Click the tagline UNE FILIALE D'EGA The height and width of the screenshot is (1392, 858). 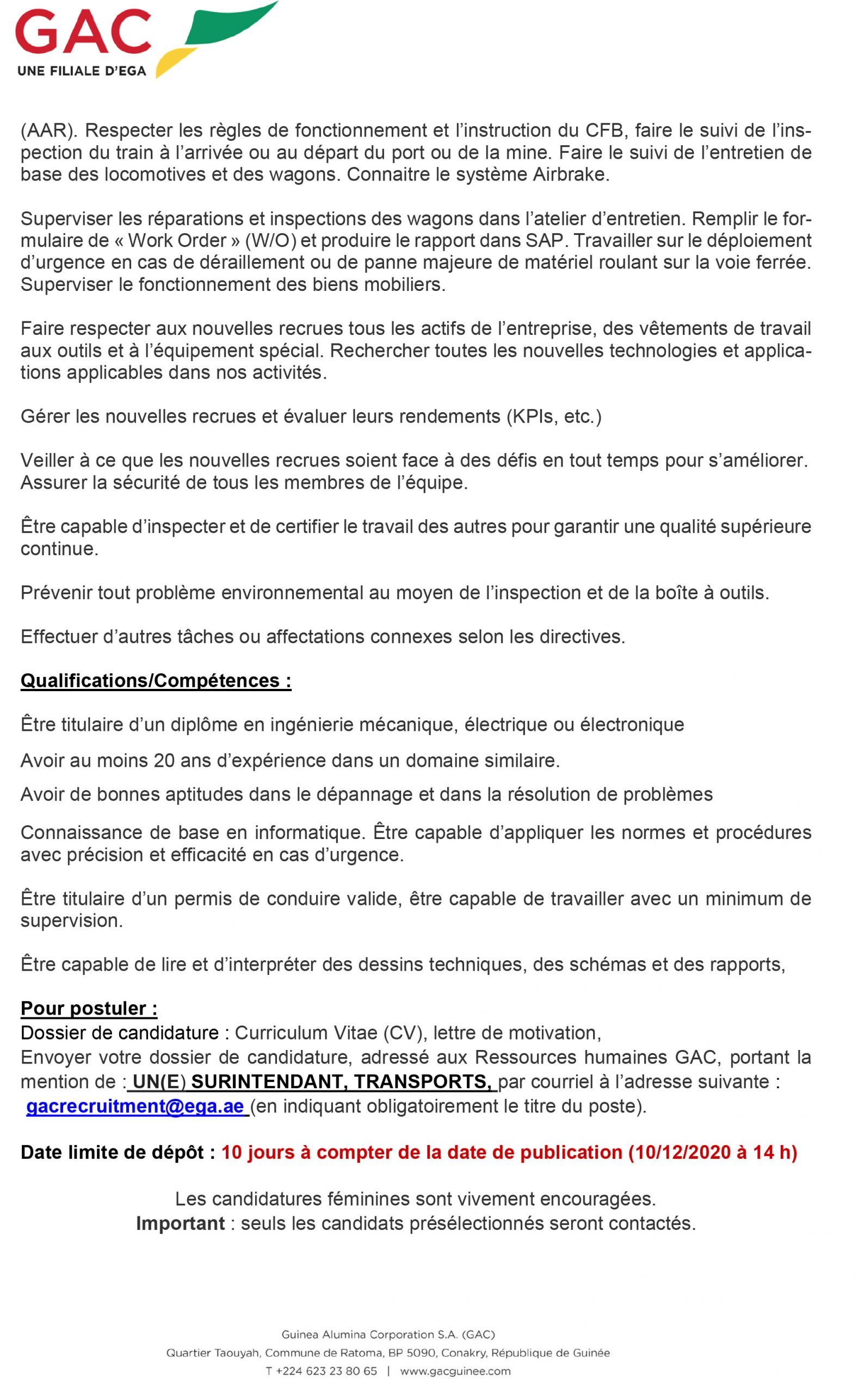[x=82, y=71]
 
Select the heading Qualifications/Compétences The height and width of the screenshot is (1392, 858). [x=156, y=680]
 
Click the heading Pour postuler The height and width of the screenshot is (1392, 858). [x=89, y=1008]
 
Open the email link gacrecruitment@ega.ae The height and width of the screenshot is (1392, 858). [x=135, y=1106]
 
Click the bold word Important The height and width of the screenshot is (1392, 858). [x=181, y=1223]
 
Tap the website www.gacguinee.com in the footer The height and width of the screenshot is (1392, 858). [x=455, y=1371]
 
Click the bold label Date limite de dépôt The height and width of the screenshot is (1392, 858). [x=118, y=1152]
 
